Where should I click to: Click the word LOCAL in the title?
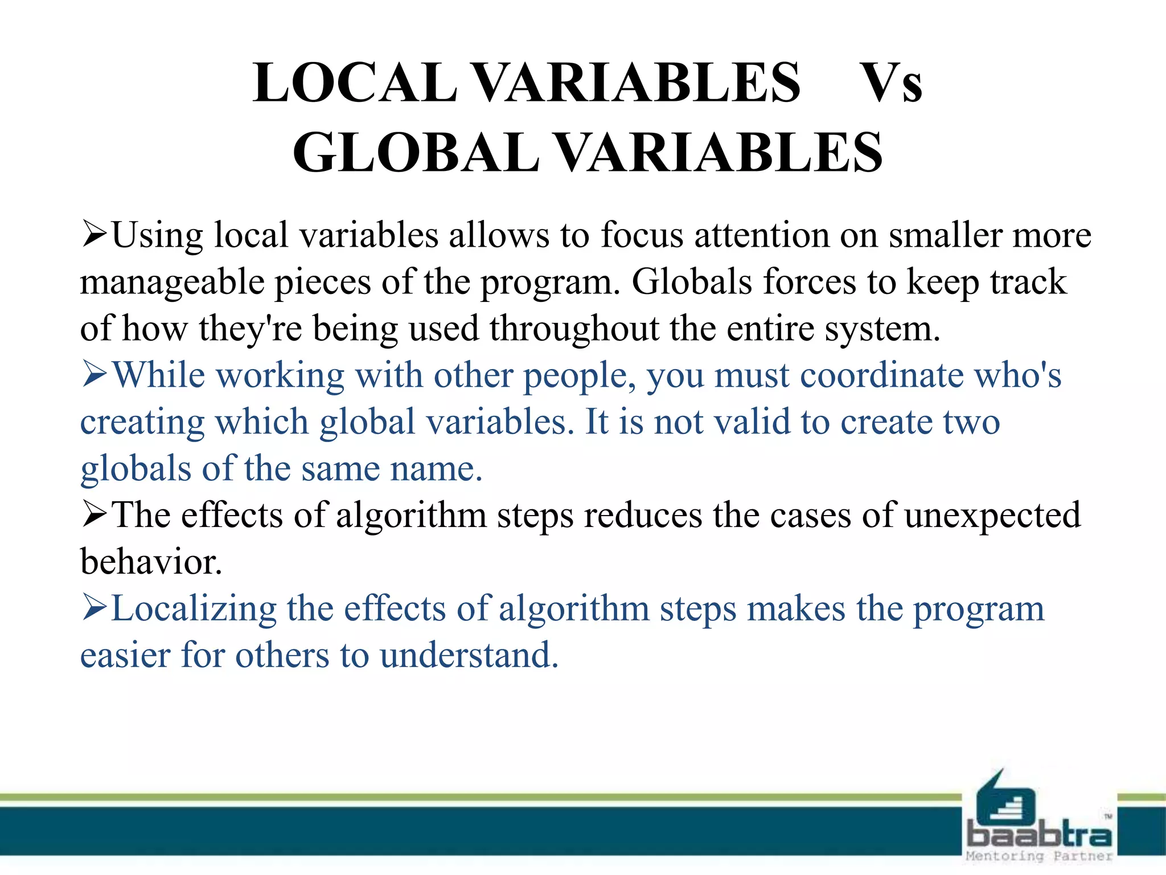coord(354,83)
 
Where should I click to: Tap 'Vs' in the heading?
coord(892,83)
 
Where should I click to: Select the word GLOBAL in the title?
coord(416,153)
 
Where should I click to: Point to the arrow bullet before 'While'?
coord(95,375)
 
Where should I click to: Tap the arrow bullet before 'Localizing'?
coord(95,607)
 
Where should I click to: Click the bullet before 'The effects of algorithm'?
coord(95,514)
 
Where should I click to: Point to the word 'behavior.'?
coord(151,562)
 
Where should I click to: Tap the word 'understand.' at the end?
coord(469,655)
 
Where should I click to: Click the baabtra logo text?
coord(1038,835)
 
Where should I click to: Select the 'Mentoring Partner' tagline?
coord(1038,856)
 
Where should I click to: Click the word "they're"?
coord(251,329)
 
